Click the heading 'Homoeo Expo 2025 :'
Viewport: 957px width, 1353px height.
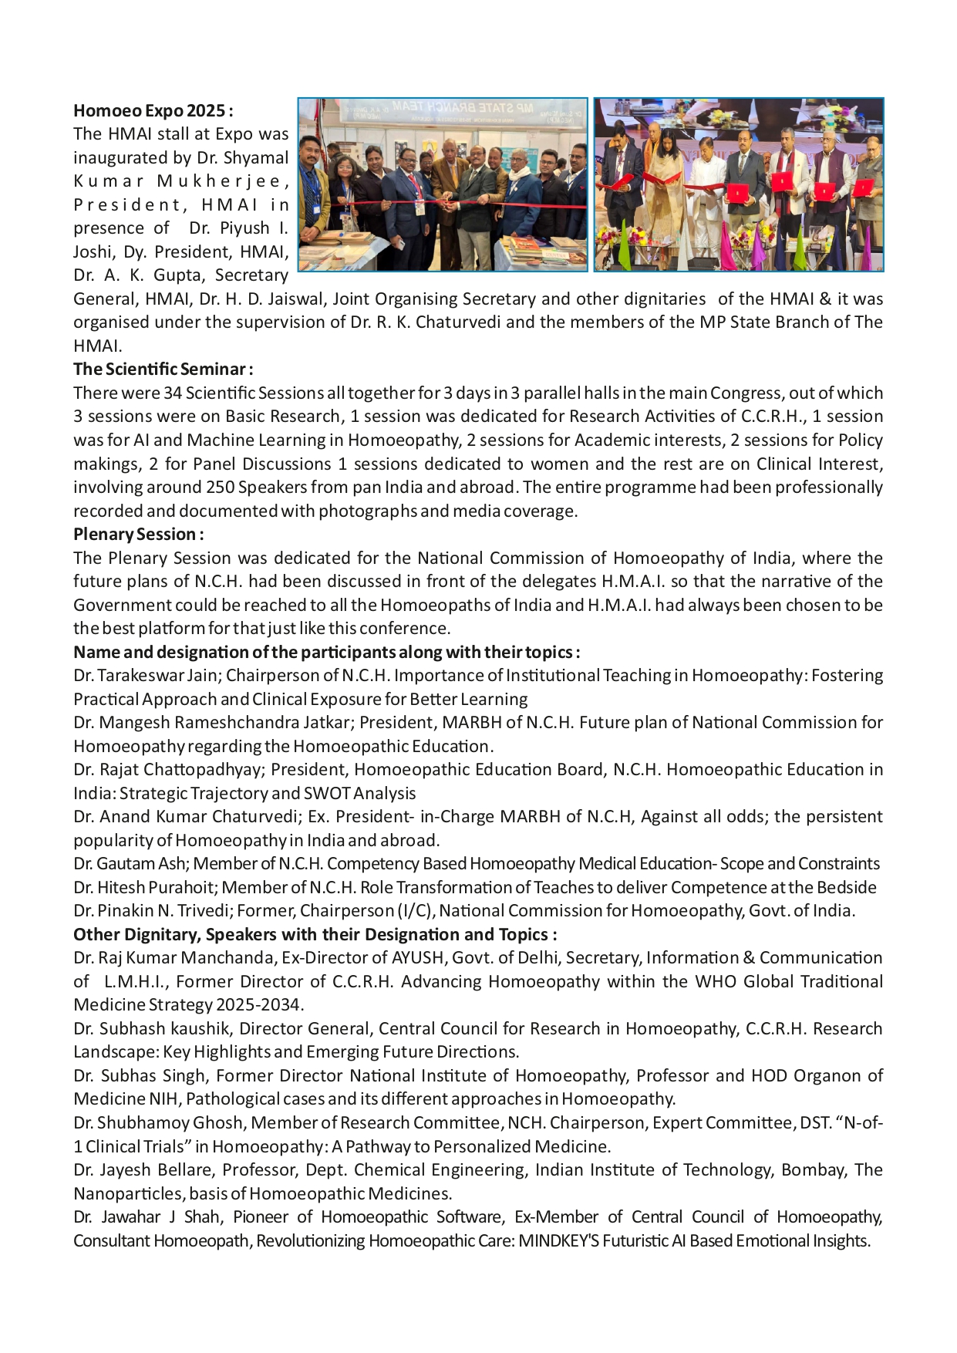click(x=153, y=111)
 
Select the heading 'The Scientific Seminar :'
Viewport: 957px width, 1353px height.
click(x=163, y=369)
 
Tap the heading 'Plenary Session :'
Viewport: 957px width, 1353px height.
click(x=138, y=534)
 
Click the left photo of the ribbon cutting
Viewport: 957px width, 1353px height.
click(x=443, y=185)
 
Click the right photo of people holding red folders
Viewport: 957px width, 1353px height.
click(x=738, y=185)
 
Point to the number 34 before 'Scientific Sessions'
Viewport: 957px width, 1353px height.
click(x=173, y=393)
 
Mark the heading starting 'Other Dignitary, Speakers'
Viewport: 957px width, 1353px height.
click(x=315, y=934)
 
